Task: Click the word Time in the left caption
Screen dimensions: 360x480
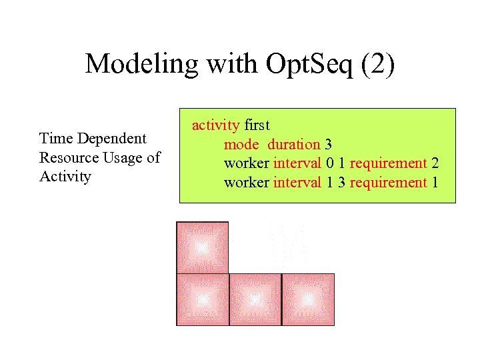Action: [x=56, y=139]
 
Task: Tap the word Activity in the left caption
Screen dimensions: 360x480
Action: [x=65, y=177]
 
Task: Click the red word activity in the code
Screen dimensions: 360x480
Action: [x=215, y=125]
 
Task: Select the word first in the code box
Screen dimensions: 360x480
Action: [x=257, y=125]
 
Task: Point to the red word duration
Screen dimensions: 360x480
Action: [x=294, y=144]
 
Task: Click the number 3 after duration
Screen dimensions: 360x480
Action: [x=328, y=144]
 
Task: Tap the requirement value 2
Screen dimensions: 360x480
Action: [x=435, y=163]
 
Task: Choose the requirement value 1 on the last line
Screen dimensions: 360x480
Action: [x=435, y=183]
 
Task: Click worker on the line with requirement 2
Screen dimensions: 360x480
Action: [x=247, y=163]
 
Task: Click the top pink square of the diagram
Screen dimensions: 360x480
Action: [x=202, y=247]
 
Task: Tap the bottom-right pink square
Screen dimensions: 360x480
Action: [x=308, y=299]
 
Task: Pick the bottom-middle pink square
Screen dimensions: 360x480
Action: [x=255, y=299]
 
